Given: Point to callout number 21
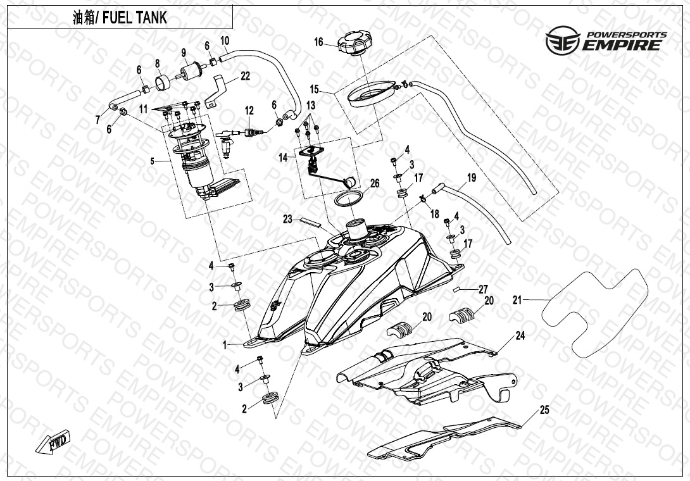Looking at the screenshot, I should pyautogui.click(x=517, y=300).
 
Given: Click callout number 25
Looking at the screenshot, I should pyautogui.click(x=544, y=409).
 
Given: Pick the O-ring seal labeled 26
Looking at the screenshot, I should pyautogui.click(x=347, y=198).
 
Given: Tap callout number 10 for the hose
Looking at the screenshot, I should pyautogui.click(x=225, y=41).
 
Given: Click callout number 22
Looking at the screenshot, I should pyautogui.click(x=245, y=76).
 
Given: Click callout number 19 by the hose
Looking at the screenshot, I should pyautogui.click(x=471, y=178).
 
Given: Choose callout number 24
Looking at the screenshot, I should pyautogui.click(x=520, y=336).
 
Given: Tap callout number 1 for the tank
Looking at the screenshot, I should pyautogui.click(x=224, y=346).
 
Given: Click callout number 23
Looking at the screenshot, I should pyautogui.click(x=287, y=219).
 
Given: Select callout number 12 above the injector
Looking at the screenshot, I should pyautogui.click(x=249, y=110).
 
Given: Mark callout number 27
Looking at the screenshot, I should pyautogui.click(x=483, y=289).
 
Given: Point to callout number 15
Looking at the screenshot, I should pyautogui.click(x=315, y=89).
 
